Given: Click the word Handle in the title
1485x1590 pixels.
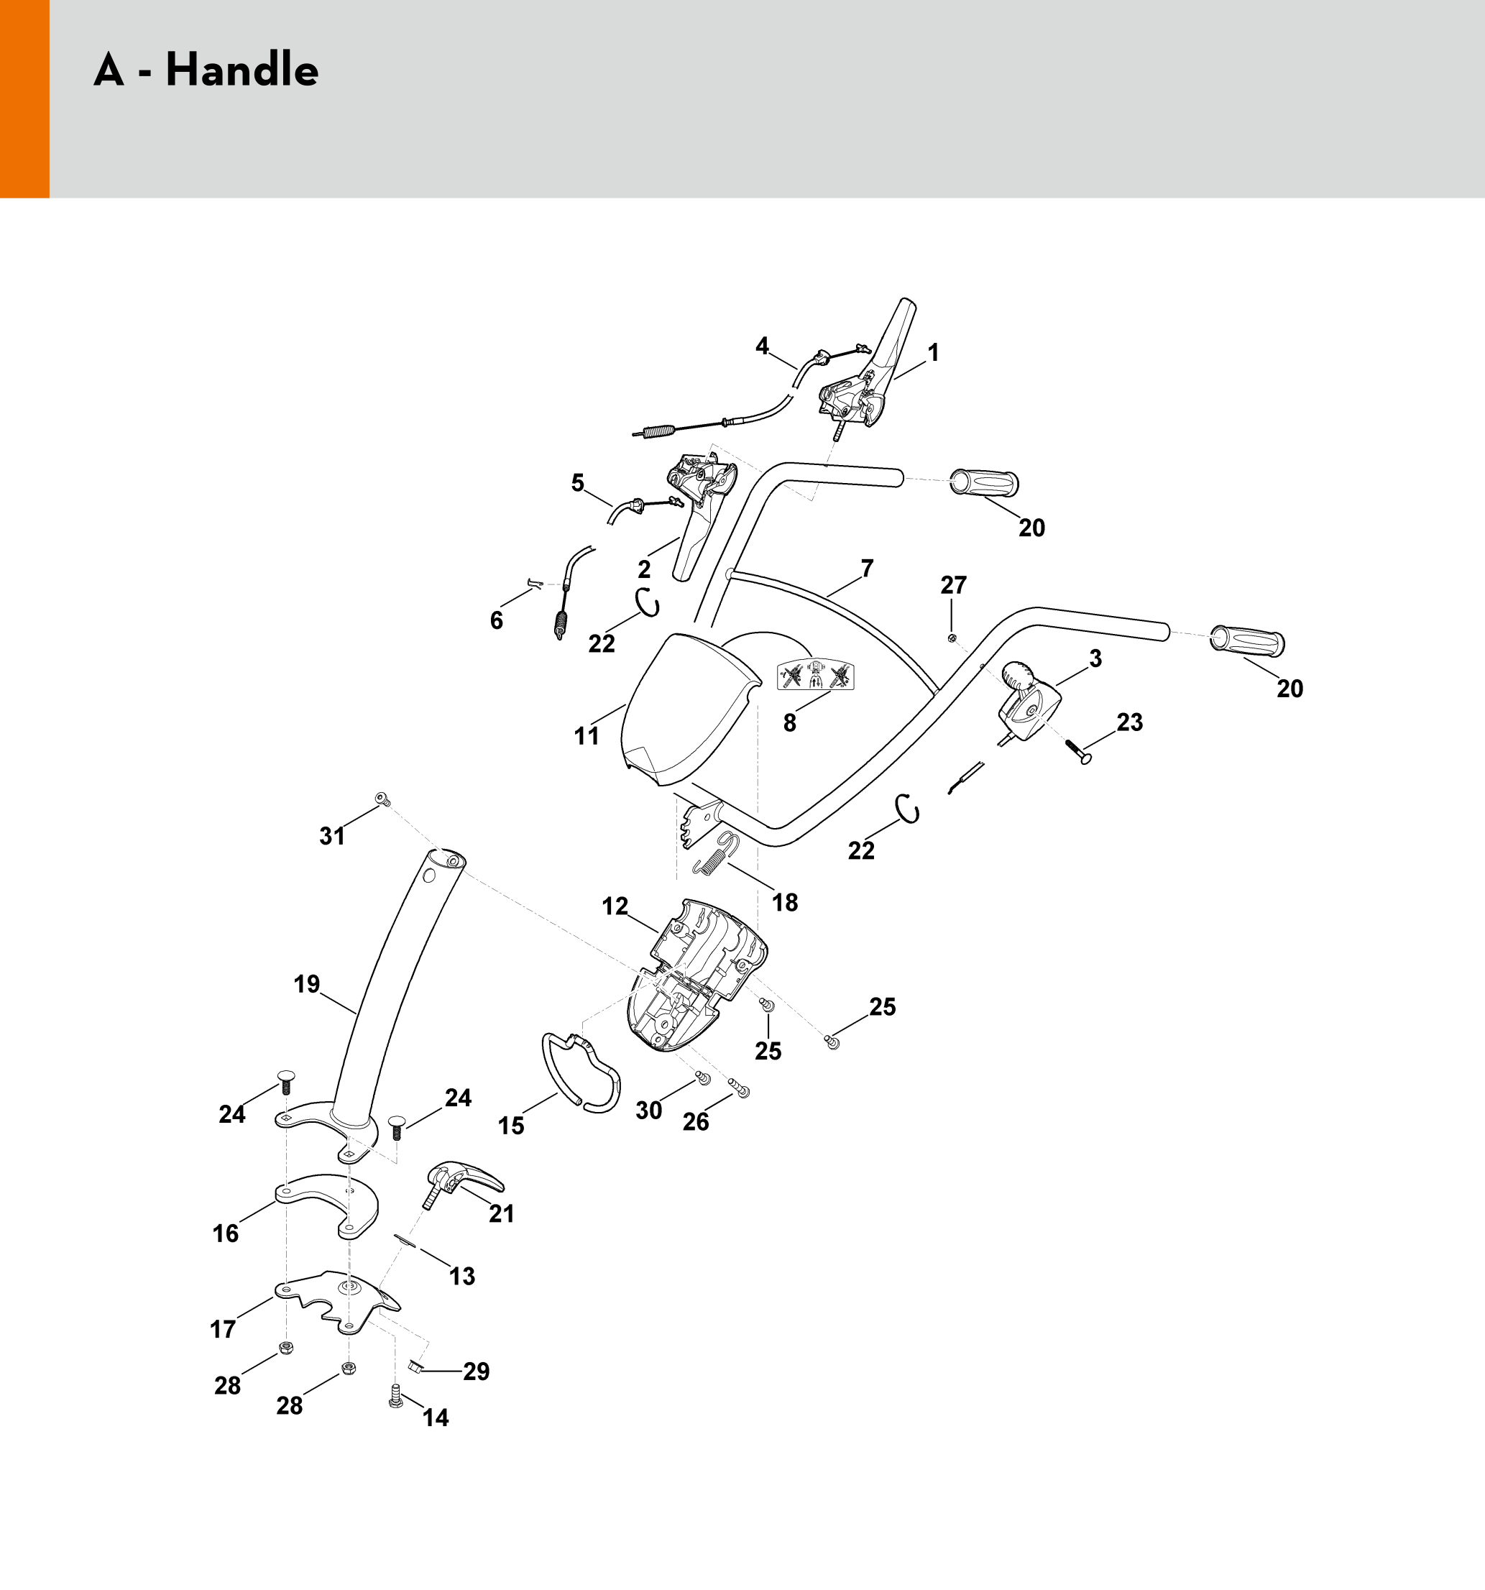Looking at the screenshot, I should tap(242, 70).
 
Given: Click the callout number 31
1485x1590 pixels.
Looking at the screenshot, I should tap(332, 836).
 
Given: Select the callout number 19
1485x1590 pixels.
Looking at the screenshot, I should tap(306, 984).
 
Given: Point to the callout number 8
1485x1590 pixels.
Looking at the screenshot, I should tap(789, 722).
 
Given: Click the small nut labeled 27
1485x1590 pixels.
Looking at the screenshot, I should tap(952, 638).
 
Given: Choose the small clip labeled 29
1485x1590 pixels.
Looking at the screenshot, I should tap(414, 1366).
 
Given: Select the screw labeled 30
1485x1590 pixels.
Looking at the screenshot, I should tap(704, 1077).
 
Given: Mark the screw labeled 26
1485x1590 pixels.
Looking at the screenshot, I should tap(740, 1088).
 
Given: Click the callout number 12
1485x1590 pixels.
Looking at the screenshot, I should tap(614, 906).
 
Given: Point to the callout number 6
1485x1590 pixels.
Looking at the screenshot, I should tap(497, 620).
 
